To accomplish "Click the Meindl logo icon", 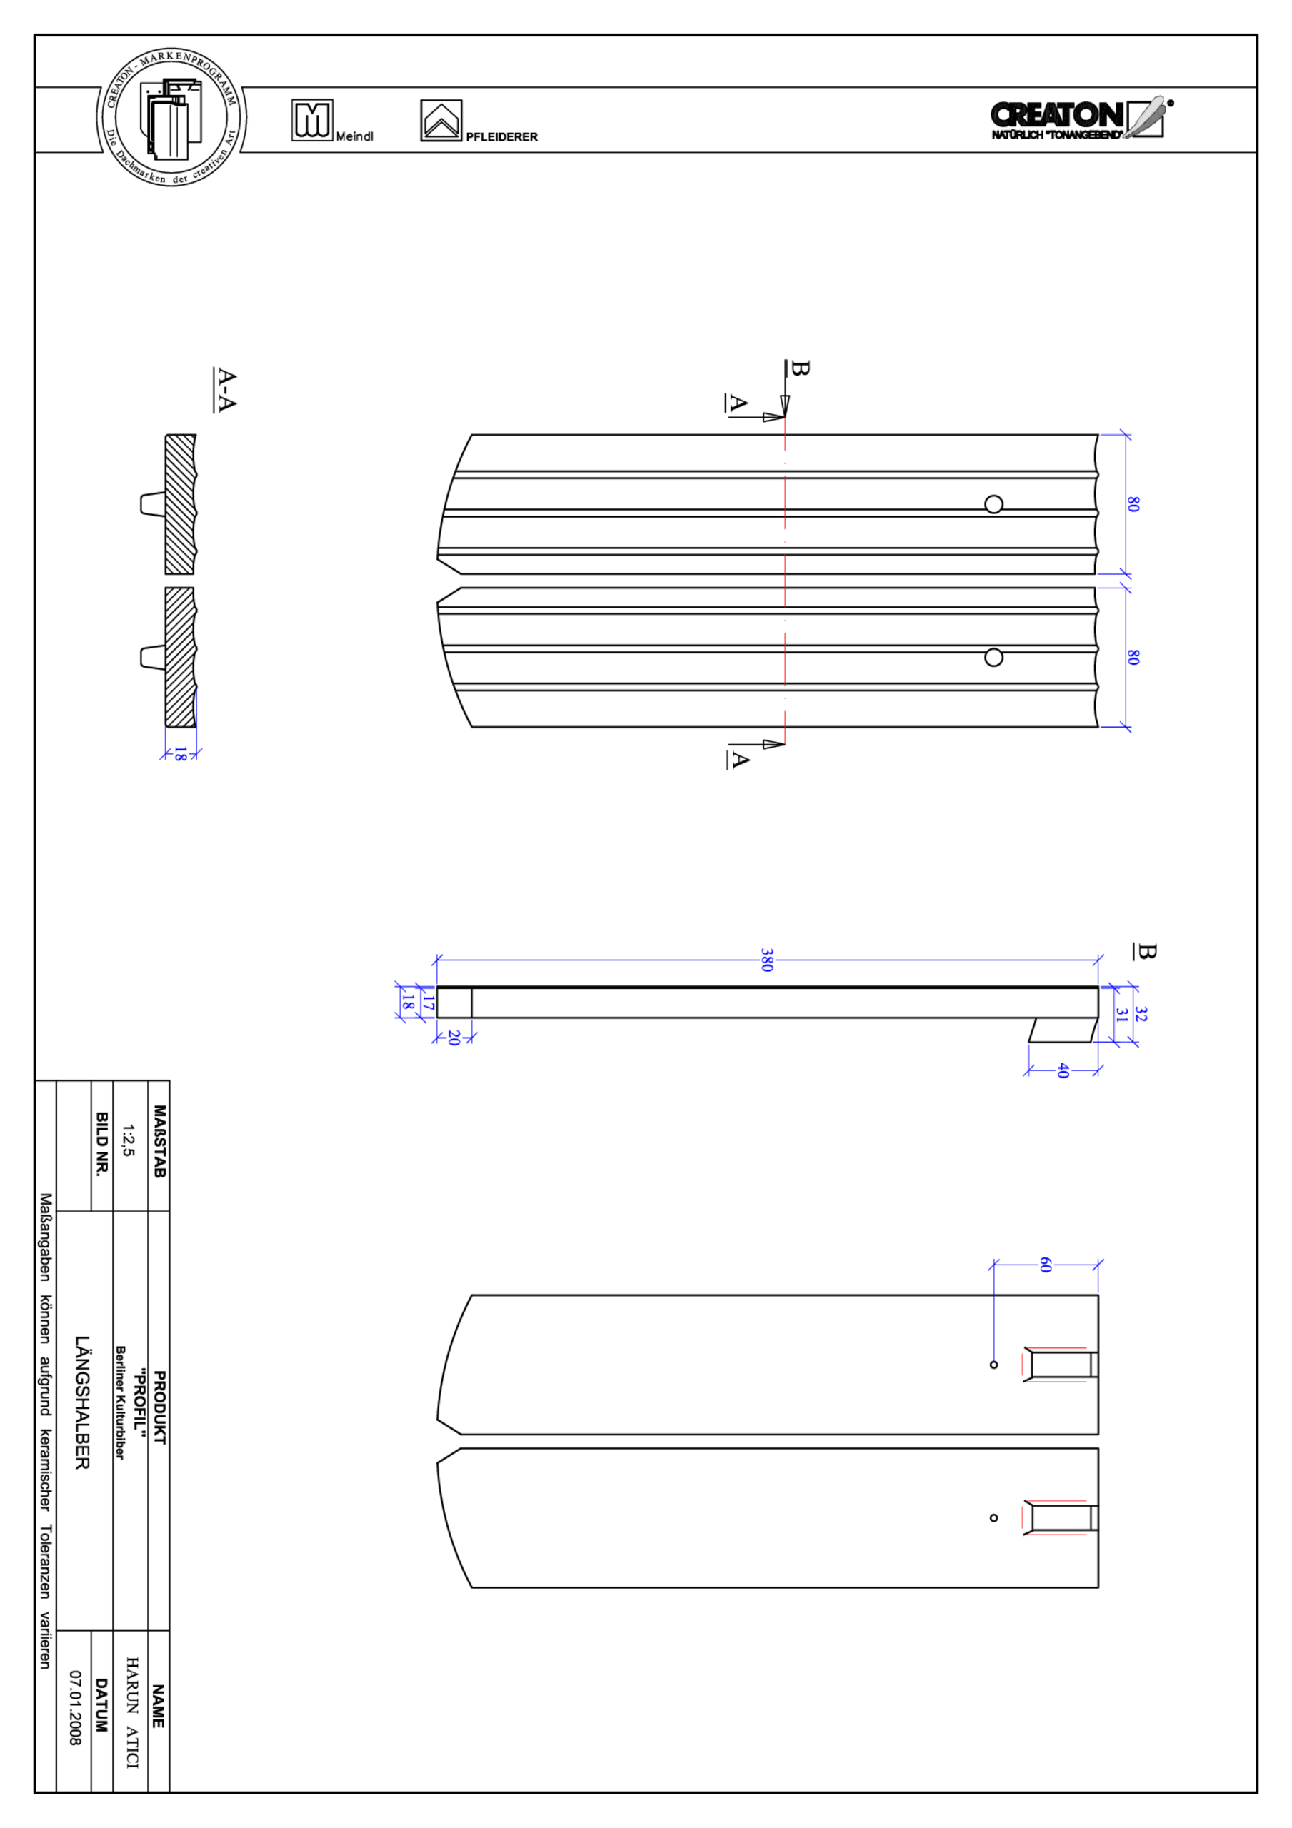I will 312,120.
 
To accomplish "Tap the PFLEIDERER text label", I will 501,137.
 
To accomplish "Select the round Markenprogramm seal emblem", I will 171,118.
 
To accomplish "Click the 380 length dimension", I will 766,960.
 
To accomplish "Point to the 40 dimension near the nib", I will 1062,1070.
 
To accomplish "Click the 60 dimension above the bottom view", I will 1045,1265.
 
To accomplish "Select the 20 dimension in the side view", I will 454,1038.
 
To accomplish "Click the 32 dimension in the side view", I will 1140,1013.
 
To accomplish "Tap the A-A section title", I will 226,389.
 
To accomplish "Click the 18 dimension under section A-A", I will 180,754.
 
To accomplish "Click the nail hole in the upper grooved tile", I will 993,504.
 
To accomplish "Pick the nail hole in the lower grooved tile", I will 993,657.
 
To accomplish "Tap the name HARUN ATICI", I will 131,1712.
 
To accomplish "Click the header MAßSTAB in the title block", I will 159,1140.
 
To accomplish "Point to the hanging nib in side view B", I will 1063,1030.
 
